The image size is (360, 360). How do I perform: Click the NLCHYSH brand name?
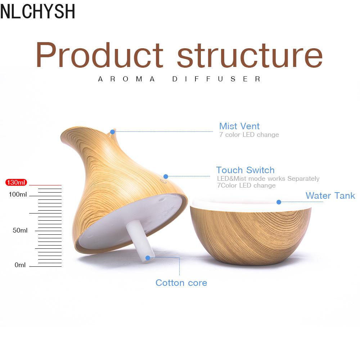pos(38,11)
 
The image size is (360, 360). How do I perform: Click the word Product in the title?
pos(99,55)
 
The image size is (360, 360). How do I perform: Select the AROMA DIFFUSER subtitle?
pos(179,79)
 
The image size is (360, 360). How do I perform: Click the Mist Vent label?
pos(239,126)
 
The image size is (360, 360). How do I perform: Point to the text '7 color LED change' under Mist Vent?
pos(249,135)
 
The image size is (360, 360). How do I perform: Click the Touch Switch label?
pos(245,170)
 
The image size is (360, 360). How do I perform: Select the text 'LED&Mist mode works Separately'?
pos(268,179)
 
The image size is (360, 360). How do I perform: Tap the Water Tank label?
pos(330,195)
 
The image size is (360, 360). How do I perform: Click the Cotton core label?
pos(181,283)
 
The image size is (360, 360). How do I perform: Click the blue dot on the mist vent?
pos(112,132)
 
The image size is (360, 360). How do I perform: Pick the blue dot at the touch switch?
pos(166,176)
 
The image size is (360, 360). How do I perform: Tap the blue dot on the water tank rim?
pos(279,202)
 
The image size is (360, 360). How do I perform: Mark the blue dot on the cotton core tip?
pos(148,258)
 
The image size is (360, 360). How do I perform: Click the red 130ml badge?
pos(16,182)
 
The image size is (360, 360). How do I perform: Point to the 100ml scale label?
pos(18,194)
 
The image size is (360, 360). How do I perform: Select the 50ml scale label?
pos(20,230)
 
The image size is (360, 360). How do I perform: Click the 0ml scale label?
pos(20,265)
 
